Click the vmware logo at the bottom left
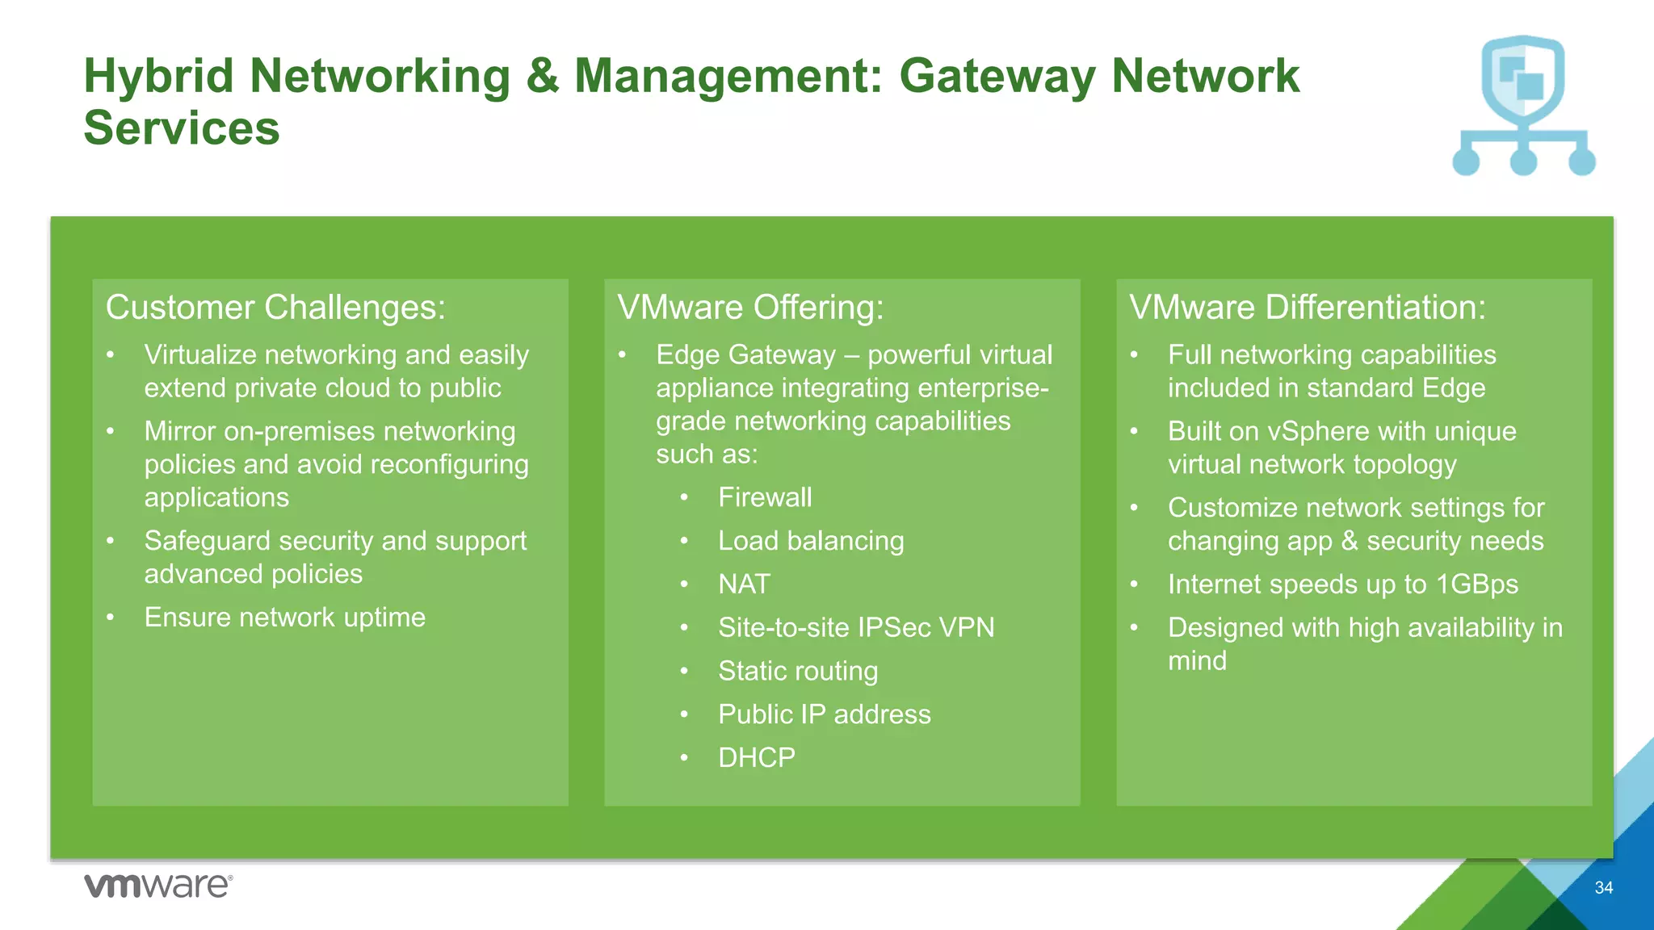158,886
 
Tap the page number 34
1604,888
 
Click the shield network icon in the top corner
1523,105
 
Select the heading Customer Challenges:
275,308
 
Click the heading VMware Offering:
750,308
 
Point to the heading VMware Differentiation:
1307,308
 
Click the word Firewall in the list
765,497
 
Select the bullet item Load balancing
811,541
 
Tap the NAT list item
744,584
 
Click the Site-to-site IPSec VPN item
856,627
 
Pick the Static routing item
798,671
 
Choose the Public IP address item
824,714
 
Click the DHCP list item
757,758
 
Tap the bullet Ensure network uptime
284,618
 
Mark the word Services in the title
182,128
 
